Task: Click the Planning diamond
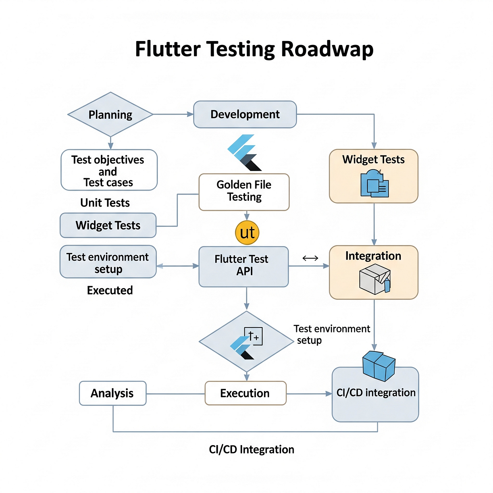click(110, 115)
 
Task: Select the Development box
click(245, 114)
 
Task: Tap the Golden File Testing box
click(244, 192)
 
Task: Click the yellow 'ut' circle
click(247, 233)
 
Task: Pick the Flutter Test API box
click(244, 266)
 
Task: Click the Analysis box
click(113, 393)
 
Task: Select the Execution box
click(245, 393)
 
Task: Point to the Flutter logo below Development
click(244, 152)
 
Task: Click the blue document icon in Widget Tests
click(374, 184)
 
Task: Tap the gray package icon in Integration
click(375, 279)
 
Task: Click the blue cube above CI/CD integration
click(379, 365)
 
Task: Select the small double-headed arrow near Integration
click(310, 258)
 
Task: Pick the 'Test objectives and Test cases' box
click(109, 170)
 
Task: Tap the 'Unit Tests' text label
click(105, 203)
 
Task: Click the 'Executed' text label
click(110, 290)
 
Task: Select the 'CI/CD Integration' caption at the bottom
click(251, 449)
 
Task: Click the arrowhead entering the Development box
click(191, 114)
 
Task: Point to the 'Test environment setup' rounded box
click(108, 262)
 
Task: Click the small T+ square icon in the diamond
click(253, 336)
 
